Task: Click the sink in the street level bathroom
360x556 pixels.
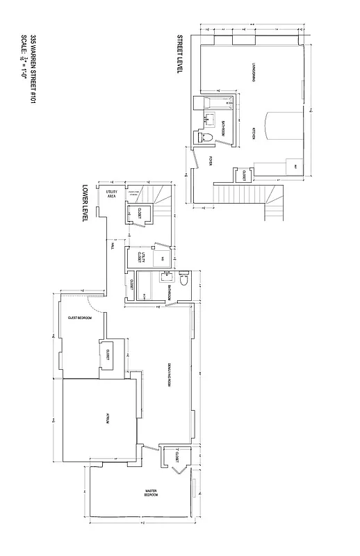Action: click(x=206, y=119)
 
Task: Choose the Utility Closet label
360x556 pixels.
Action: click(x=141, y=257)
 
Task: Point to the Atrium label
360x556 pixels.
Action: click(x=106, y=418)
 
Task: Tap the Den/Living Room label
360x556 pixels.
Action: click(x=170, y=375)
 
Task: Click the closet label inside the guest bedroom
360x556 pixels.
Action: click(x=108, y=356)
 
